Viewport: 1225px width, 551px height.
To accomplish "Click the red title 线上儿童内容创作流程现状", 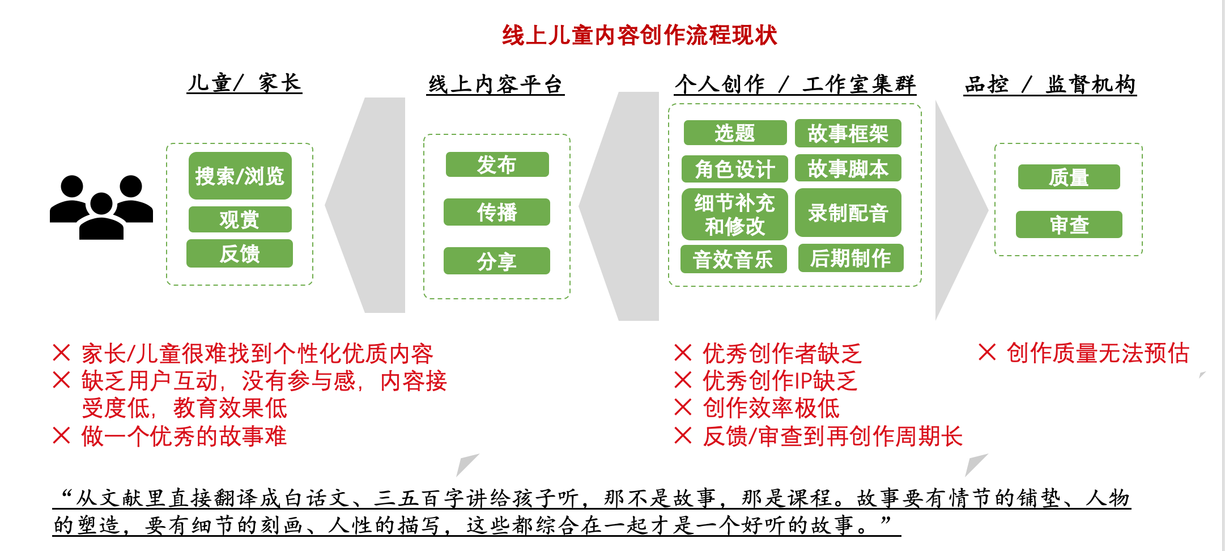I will tap(639, 35).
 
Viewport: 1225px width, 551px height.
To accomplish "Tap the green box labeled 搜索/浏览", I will tap(240, 176).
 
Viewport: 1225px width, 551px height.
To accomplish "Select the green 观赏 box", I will tap(240, 219).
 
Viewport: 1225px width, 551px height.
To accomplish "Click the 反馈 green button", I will tap(240, 253).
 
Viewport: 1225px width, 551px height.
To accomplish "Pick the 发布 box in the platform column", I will tap(497, 164).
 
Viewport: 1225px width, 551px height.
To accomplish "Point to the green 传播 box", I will tap(497, 212).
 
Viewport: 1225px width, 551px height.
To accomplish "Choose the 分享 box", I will tap(497, 261).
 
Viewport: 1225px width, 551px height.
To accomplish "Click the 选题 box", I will tap(735, 133).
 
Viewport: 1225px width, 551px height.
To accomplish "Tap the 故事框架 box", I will tap(848, 133).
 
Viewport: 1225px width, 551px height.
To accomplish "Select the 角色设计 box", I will tap(735, 168).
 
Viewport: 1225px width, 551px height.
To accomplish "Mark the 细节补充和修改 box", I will tap(735, 214).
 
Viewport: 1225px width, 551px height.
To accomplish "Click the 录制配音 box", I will tap(848, 213).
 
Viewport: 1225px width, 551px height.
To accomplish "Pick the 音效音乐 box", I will tap(733, 259).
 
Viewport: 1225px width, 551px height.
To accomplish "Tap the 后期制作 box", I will tap(850, 258).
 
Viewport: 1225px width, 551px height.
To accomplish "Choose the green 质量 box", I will tap(1069, 177).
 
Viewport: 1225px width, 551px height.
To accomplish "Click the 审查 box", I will tap(1069, 224).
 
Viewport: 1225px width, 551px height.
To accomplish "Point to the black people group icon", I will tap(101, 207).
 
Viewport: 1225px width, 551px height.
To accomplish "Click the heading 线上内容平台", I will tap(495, 84).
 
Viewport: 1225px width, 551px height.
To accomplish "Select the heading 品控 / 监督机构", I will tap(1050, 84).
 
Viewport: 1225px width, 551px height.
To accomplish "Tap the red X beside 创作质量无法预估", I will tap(987, 352).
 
